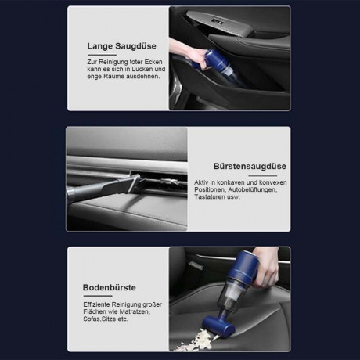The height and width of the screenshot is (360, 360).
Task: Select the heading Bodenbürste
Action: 110,286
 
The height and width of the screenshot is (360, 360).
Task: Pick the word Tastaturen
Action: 213,197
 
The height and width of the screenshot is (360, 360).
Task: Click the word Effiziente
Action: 99,304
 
